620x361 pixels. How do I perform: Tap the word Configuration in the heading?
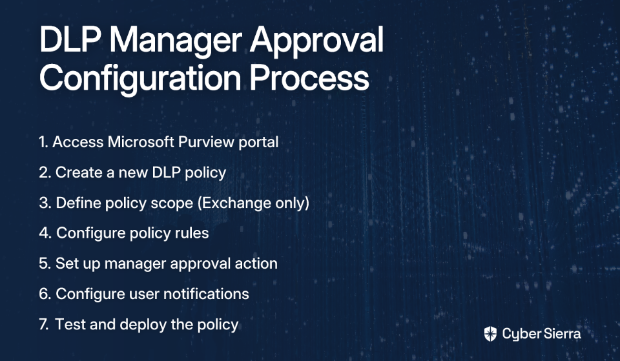[x=140, y=79]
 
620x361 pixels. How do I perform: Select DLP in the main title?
[x=70, y=39]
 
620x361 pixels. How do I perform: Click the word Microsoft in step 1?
[x=141, y=141]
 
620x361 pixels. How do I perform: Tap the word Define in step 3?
[x=78, y=202]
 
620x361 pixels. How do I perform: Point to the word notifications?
[x=206, y=294]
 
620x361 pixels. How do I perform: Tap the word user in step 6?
[x=143, y=294]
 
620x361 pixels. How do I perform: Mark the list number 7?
[x=43, y=324]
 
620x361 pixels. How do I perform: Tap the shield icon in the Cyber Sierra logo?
[x=490, y=334]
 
